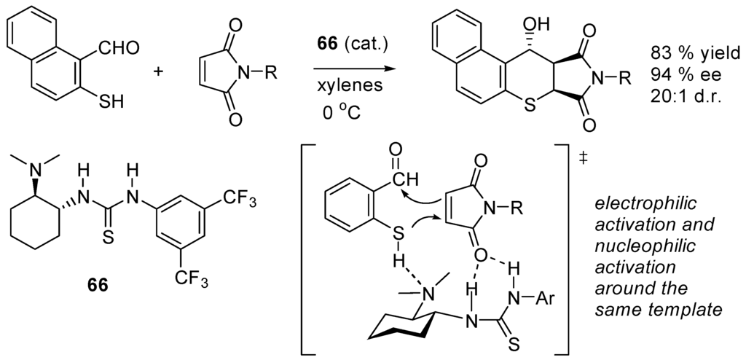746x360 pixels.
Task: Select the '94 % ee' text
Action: coord(684,75)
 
